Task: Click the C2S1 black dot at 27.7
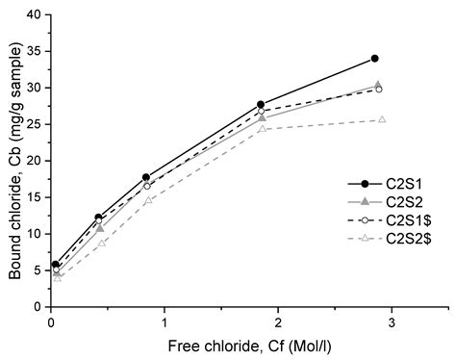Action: coord(261,104)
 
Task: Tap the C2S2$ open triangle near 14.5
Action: coord(147,200)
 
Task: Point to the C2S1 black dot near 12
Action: coord(98,218)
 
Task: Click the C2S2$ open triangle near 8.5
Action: coord(101,244)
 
